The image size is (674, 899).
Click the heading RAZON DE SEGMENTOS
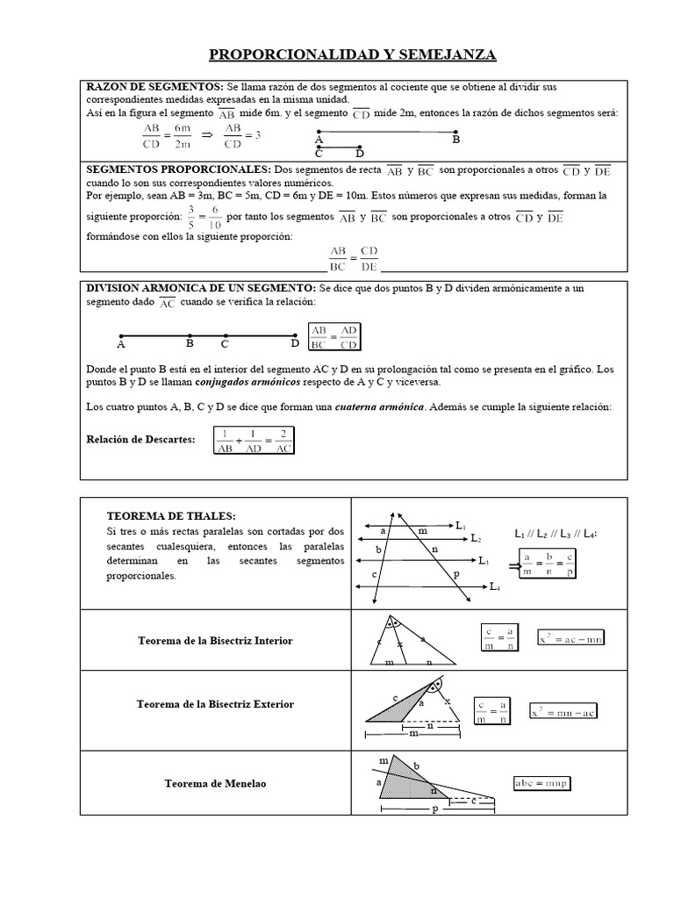[x=154, y=88]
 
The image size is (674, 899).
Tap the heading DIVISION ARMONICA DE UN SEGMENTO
[x=198, y=288]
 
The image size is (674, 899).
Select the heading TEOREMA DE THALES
[x=171, y=515]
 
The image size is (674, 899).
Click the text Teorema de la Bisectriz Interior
[x=216, y=641]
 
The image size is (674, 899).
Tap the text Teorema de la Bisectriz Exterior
[x=216, y=704]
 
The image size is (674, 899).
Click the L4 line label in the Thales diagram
[x=495, y=586]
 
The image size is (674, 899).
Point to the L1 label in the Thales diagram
[x=462, y=525]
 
